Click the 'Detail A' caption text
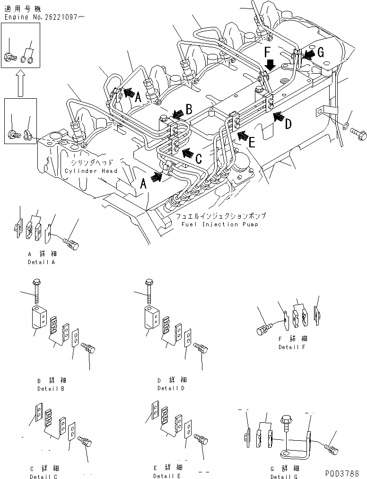[41, 262]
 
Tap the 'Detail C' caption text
[44, 476]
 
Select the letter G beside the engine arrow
[320, 53]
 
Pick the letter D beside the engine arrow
[288, 124]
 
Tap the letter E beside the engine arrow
[252, 143]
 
